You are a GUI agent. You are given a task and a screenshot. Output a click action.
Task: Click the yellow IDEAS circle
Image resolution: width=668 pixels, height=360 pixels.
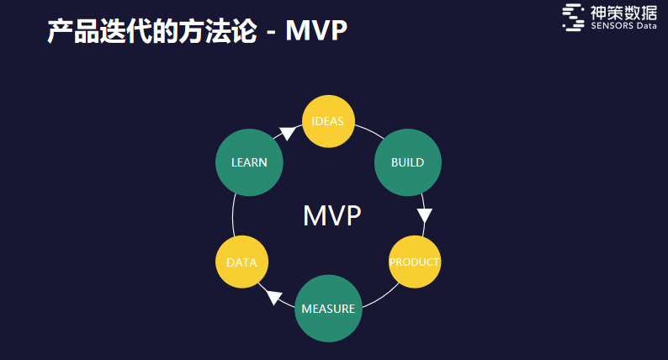(328, 121)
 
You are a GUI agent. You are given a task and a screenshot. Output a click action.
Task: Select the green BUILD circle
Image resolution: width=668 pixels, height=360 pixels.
(408, 162)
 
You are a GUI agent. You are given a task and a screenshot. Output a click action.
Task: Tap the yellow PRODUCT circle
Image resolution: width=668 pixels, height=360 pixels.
(415, 262)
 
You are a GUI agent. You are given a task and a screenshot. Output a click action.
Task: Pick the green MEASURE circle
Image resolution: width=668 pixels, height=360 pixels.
(328, 309)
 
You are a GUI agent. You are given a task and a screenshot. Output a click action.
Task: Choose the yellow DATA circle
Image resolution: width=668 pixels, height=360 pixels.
(241, 262)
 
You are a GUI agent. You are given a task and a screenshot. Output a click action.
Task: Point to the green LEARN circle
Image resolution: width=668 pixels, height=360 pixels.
(249, 162)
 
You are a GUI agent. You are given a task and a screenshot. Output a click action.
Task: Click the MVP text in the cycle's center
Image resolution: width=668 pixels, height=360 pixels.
(332, 215)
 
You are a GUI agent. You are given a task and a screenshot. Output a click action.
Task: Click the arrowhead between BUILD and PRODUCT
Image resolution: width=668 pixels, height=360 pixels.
(424, 215)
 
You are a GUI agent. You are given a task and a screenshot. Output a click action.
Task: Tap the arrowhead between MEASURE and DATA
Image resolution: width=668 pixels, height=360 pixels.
(274, 297)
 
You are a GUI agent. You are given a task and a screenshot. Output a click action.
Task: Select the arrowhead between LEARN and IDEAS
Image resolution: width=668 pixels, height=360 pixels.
(288, 133)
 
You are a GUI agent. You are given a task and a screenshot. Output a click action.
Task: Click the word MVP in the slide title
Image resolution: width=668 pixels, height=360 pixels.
(316, 30)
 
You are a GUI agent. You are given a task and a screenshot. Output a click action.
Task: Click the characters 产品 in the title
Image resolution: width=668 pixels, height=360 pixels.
(73, 30)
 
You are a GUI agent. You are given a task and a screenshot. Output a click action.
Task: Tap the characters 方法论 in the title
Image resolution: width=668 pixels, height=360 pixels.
(217, 30)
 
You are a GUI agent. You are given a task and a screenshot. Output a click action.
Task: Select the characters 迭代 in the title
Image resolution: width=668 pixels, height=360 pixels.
(125, 30)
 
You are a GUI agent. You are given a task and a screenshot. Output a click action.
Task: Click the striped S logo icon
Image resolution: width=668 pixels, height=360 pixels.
(574, 18)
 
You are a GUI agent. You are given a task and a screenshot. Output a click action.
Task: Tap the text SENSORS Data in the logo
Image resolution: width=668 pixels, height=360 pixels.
(623, 25)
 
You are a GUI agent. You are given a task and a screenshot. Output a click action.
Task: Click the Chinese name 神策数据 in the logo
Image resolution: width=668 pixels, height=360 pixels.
(623, 13)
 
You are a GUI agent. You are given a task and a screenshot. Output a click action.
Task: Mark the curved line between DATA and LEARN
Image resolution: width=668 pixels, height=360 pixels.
(233, 215)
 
